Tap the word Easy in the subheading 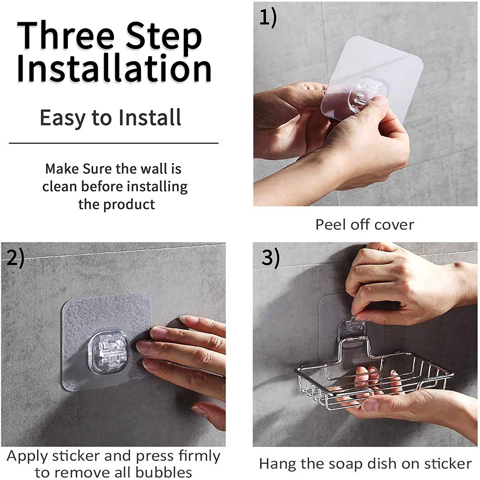pyautogui.click(x=63, y=118)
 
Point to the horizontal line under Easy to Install pyautogui.click(x=114, y=143)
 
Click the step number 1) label pyautogui.click(x=268, y=18)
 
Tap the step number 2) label pyautogui.click(x=15, y=258)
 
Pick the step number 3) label pyautogui.click(x=271, y=258)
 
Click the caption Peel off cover pyautogui.click(x=364, y=225)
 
